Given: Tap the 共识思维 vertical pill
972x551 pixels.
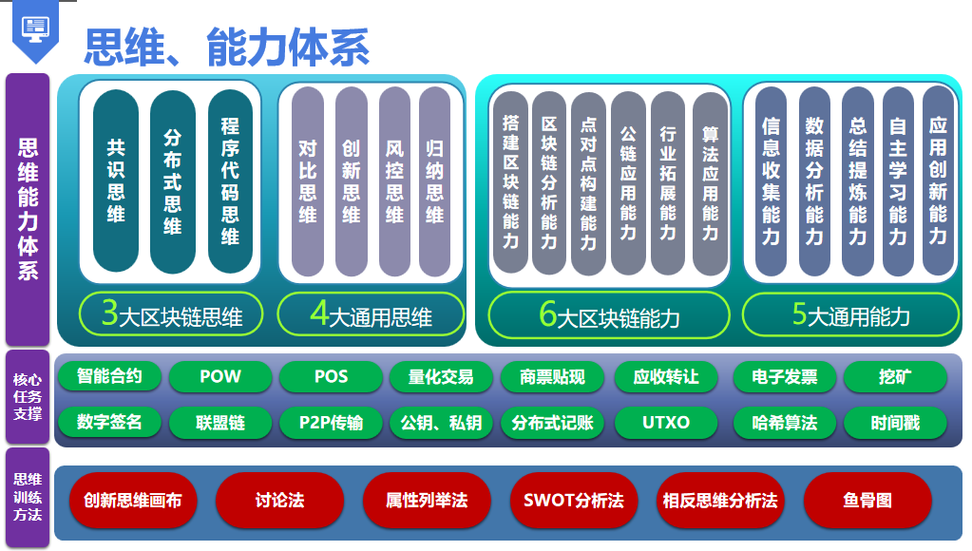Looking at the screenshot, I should click(116, 180).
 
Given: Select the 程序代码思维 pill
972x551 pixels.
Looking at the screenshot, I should click(230, 180).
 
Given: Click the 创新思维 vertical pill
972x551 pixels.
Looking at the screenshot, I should click(351, 180).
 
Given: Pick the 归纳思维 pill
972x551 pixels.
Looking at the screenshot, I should click(434, 180).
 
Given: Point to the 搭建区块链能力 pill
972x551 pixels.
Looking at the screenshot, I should click(510, 180).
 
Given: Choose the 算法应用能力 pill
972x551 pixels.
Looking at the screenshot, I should click(710, 180).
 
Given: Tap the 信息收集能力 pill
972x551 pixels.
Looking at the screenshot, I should click(771, 180).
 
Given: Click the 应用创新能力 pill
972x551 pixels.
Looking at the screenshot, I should click(938, 180).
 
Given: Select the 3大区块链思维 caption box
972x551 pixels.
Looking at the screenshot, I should click(172, 314).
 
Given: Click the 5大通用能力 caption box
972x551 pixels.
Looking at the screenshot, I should click(850, 314).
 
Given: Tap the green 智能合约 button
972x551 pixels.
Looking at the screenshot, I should click(109, 376).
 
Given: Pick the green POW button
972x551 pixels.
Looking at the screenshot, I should click(220, 376).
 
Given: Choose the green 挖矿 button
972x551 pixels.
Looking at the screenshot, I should click(895, 376).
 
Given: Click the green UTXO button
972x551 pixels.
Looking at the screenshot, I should click(666, 422).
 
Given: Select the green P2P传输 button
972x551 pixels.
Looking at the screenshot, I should click(331, 422).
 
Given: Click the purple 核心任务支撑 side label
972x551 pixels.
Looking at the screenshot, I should click(28, 397).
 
